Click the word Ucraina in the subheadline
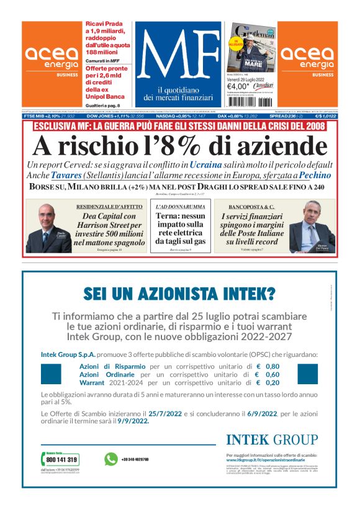pos(206,164)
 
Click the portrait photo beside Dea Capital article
pos(48,227)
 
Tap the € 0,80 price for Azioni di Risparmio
pos(268,366)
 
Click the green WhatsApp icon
pos(111,459)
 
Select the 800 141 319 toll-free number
pos(62,460)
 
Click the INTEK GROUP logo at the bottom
pos(271,440)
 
